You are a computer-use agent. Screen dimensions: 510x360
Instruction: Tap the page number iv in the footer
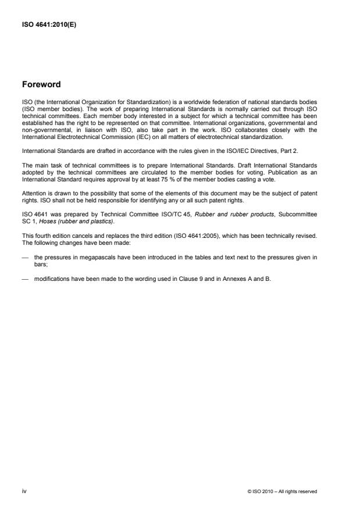click(24, 491)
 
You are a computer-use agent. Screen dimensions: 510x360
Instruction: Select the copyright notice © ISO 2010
click(265, 491)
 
